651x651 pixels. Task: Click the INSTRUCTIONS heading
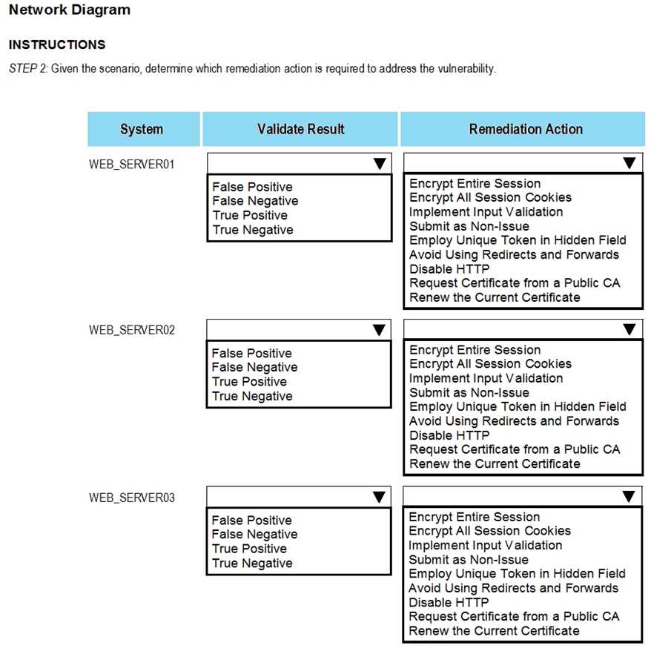click(57, 45)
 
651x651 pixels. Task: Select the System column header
click(142, 129)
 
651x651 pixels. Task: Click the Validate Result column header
click(300, 129)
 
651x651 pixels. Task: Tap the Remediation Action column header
click(526, 129)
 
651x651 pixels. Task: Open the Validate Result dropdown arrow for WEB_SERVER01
click(379, 163)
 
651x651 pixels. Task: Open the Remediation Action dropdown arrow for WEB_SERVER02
click(629, 329)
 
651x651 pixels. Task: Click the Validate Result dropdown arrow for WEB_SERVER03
click(379, 497)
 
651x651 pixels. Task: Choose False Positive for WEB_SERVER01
click(252, 187)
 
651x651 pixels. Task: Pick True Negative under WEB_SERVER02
click(252, 396)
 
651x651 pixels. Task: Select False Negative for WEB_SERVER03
click(255, 534)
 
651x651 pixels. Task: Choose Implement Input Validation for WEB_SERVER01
click(486, 212)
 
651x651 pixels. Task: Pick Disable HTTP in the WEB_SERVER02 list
click(449, 435)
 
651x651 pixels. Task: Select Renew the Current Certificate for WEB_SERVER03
click(494, 630)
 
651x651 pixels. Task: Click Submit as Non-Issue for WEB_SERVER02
click(469, 392)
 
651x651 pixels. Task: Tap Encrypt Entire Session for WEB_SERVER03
click(475, 517)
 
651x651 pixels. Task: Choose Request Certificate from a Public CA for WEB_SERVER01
click(515, 283)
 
